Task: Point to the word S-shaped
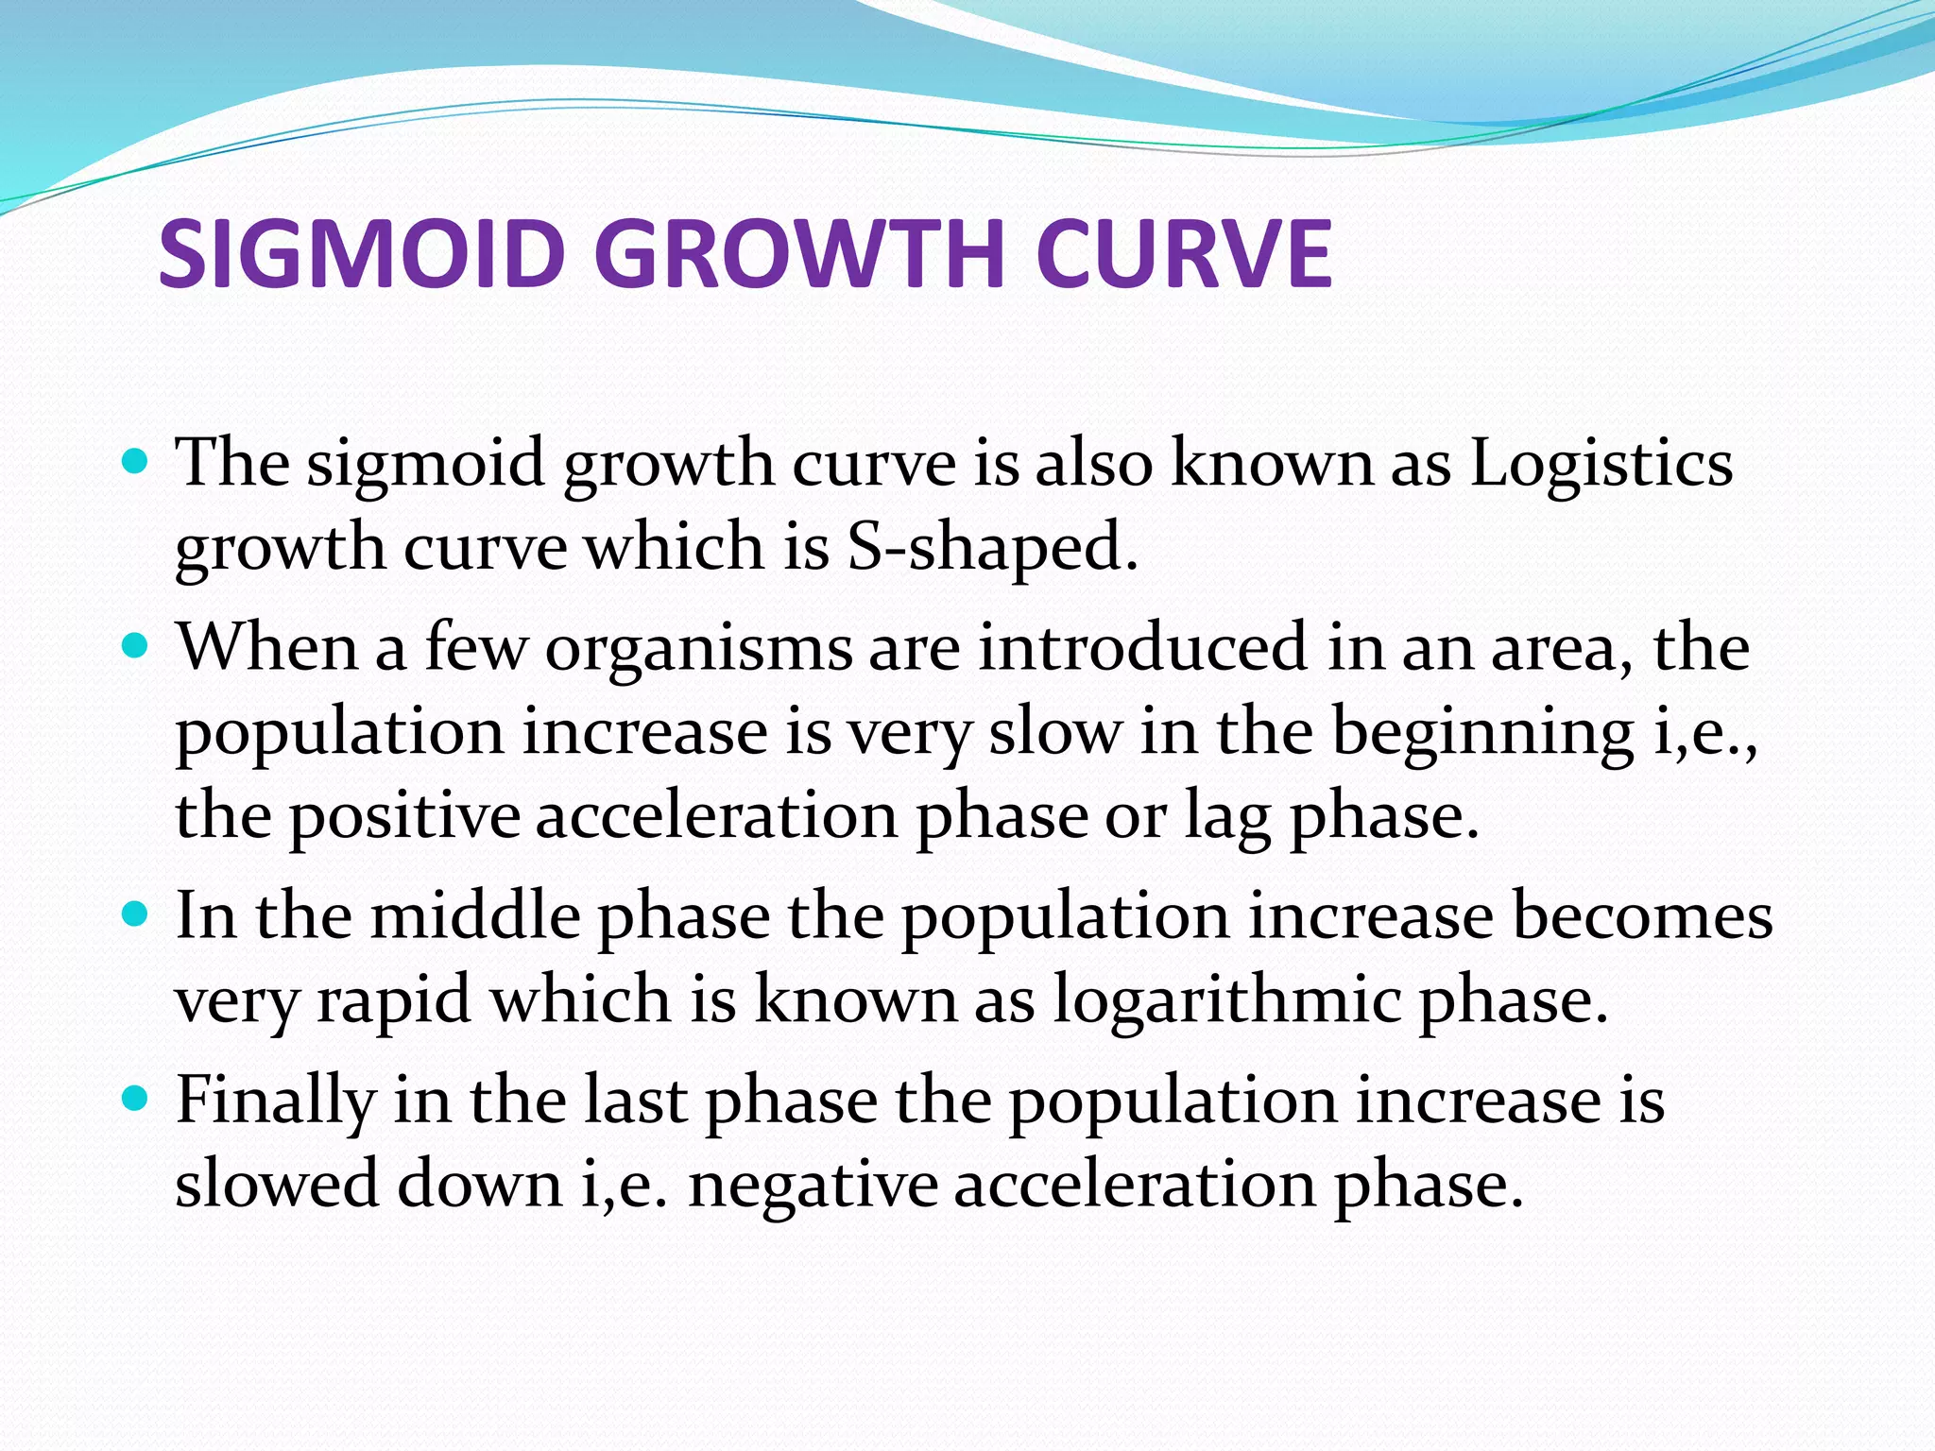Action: [992, 548]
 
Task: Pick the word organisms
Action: [699, 650]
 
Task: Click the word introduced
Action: [1143, 648]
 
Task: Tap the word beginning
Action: [1483, 733]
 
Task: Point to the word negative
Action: [813, 1185]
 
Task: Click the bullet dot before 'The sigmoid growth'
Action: [136, 462]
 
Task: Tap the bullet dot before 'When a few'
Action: [136, 646]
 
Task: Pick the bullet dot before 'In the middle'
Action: [136, 914]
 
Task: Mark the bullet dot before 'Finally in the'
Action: [136, 1099]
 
